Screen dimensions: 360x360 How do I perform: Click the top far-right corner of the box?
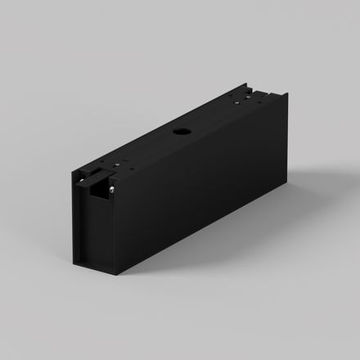[286, 95]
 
